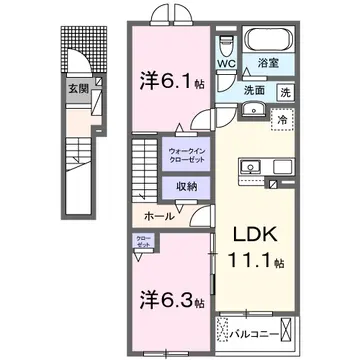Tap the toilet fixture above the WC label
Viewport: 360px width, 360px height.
[226, 46]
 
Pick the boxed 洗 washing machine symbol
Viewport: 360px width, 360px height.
[285, 92]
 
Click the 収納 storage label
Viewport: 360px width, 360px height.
[185, 187]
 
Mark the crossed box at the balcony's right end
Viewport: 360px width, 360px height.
[288, 327]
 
